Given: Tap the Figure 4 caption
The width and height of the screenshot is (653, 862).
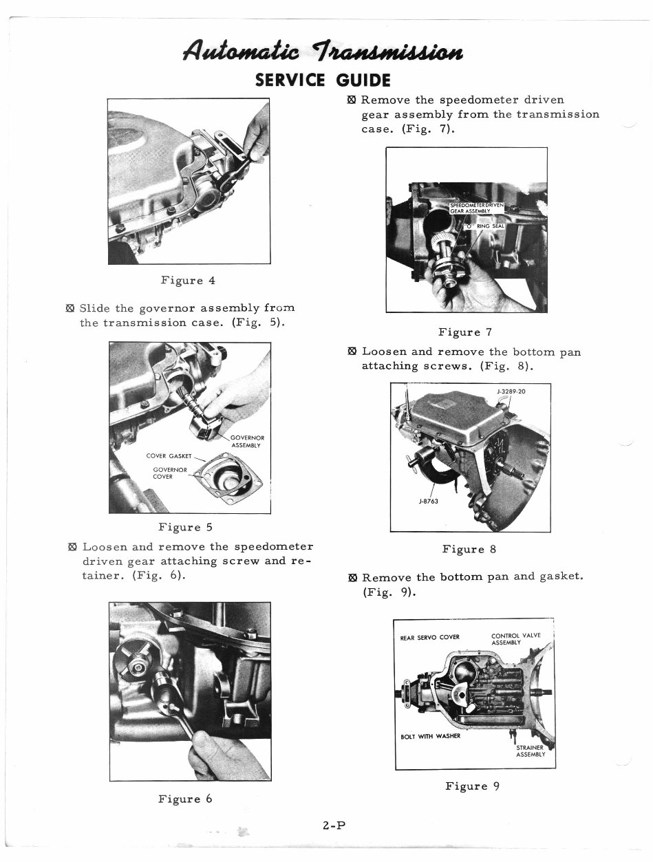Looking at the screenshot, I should click(188, 280).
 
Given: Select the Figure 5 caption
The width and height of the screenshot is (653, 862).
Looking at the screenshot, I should click(185, 528).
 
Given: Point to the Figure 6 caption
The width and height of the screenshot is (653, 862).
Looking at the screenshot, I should click(185, 799).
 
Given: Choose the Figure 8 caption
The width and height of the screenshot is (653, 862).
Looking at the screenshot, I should click(469, 549).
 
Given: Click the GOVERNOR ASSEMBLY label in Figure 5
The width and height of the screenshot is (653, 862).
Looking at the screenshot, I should click(247, 440).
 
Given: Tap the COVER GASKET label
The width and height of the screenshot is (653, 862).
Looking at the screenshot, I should click(169, 455).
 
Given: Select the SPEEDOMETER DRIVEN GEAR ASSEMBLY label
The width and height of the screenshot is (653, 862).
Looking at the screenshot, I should click(477, 208).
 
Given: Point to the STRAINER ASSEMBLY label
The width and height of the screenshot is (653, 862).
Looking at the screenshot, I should click(531, 751).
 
